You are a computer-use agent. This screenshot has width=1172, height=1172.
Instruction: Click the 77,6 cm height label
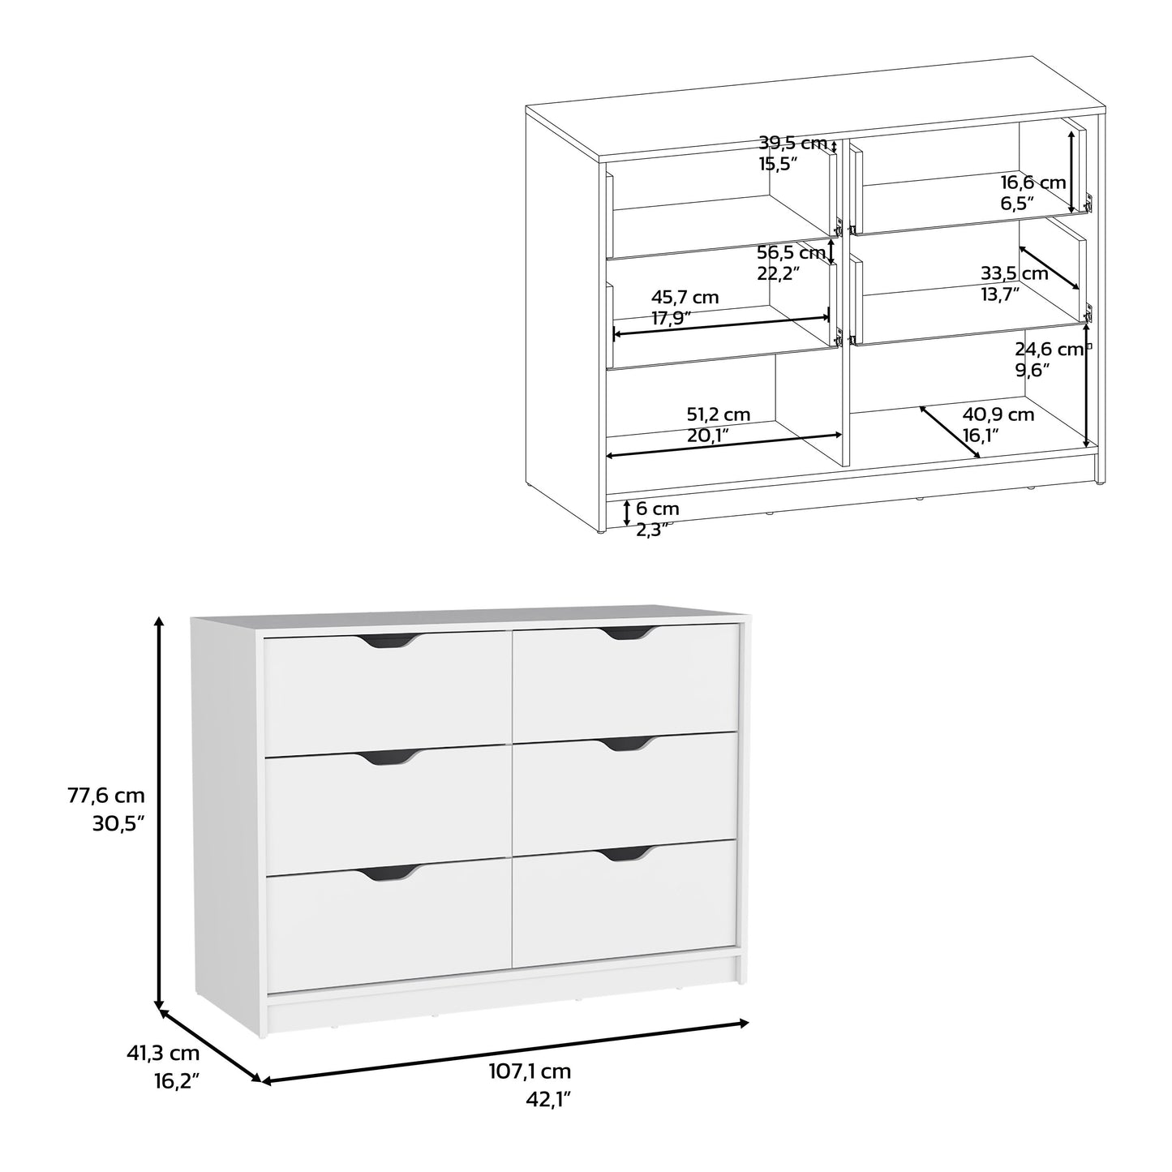pyautogui.click(x=106, y=796)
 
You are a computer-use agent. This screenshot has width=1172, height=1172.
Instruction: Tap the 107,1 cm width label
pyautogui.click(x=530, y=1071)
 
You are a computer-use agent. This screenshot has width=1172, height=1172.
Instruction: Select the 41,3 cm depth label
pyautogui.click(x=163, y=1054)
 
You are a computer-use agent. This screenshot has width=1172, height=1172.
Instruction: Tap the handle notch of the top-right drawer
pyautogui.click(x=625, y=633)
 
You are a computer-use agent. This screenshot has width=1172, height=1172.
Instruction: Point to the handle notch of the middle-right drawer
pyautogui.click(x=625, y=744)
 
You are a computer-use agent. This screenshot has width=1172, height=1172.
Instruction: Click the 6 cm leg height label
pyautogui.click(x=657, y=509)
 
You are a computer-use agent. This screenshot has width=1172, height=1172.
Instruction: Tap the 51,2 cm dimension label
pyautogui.click(x=718, y=414)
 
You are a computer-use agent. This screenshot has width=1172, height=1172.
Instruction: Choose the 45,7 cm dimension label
pyautogui.click(x=685, y=298)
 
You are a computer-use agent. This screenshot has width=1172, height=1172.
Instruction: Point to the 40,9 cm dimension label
pyautogui.click(x=998, y=414)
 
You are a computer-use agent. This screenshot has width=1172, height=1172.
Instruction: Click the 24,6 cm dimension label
pyautogui.click(x=1050, y=350)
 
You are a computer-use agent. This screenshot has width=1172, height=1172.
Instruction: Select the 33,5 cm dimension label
pyautogui.click(x=1014, y=273)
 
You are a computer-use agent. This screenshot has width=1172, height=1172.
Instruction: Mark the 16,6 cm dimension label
pyautogui.click(x=1032, y=183)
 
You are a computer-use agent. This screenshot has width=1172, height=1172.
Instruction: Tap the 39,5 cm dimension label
pyautogui.click(x=792, y=144)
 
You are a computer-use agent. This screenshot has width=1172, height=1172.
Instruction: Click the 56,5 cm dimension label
pyautogui.click(x=790, y=252)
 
